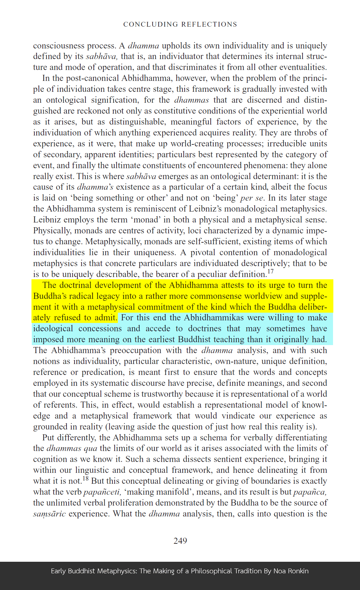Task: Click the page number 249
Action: [180, 541]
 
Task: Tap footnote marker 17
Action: [271, 272]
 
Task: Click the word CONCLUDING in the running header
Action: [150, 24]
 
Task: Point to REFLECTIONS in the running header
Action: [209, 24]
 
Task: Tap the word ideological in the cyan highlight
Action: [53, 329]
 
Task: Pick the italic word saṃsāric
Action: [49, 514]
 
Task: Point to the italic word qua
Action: [90, 448]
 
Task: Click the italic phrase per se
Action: [252, 198]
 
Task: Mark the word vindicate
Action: [240, 416]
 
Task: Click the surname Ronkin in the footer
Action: [297, 571]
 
